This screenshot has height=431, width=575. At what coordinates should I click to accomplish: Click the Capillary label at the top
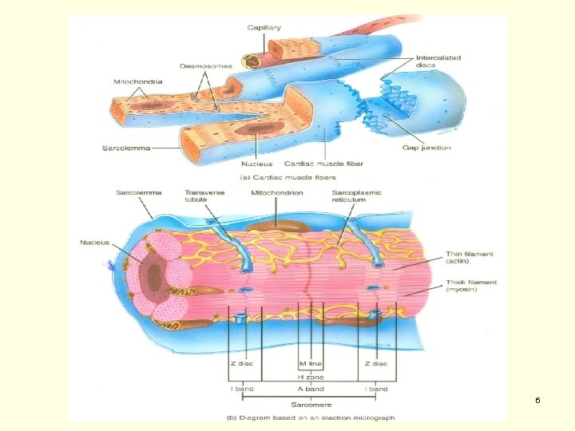pyautogui.click(x=264, y=27)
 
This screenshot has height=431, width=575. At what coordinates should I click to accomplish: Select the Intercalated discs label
pyautogui.click(x=438, y=61)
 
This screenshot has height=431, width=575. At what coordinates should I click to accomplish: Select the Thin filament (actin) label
pyautogui.click(x=470, y=258)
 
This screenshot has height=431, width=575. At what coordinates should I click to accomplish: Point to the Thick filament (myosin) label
pyautogui.click(x=472, y=286)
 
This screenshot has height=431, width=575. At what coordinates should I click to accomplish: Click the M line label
pyautogui.click(x=309, y=363)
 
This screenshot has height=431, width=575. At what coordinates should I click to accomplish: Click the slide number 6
pyautogui.click(x=538, y=399)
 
